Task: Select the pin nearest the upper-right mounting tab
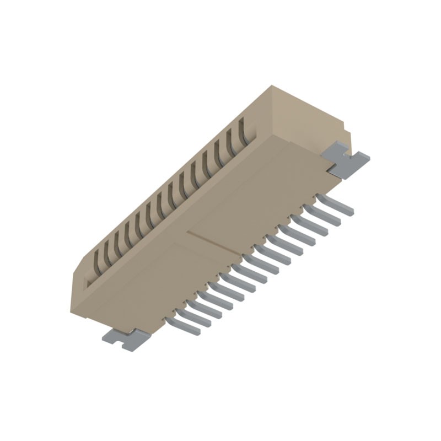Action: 337,206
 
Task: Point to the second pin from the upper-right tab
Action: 325,216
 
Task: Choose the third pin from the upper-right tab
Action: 313,225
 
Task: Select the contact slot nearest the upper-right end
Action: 243,131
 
